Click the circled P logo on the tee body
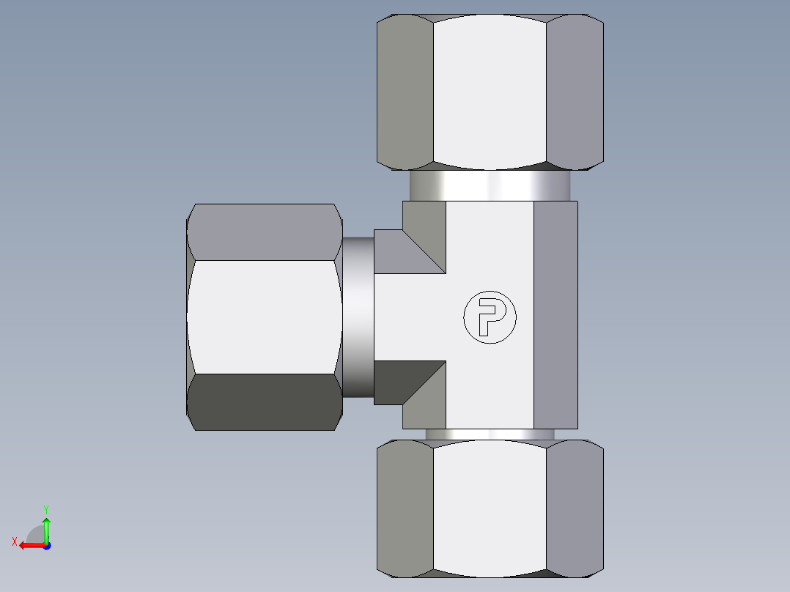click(x=490, y=317)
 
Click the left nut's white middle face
click(x=264, y=317)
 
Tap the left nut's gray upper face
click(x=264, y=232)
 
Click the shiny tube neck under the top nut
click(x=490, y=185)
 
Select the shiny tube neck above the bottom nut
click(x=490, y=434)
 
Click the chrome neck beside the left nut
click(x=358, y=317)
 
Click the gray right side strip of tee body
click(x=555, y=315)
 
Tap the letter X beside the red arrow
click(x=15, y=541)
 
